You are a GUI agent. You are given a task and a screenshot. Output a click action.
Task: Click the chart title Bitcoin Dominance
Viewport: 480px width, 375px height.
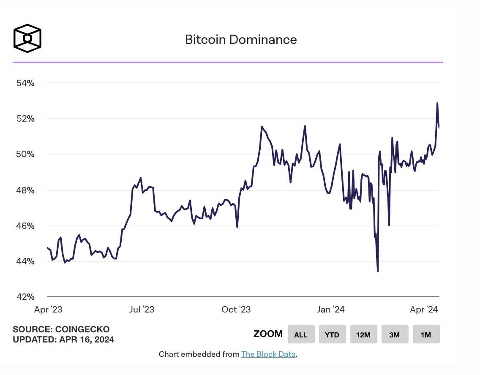click(x=241, y=40)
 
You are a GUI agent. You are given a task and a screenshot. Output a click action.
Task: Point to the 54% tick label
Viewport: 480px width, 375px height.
click(x=25, y=83)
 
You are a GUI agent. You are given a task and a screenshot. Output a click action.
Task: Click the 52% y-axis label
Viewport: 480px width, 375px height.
click(x=25, y=118)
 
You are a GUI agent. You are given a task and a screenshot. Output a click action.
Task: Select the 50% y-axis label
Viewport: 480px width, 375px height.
click(x=25, y=154)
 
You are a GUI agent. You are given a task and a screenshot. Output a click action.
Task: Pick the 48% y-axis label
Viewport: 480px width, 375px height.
click(x=25, y=190)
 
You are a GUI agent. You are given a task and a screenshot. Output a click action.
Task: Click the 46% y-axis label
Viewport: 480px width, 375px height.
click(x=25, y=226)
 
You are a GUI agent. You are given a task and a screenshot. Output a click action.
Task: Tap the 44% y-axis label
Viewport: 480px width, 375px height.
click(x=25, y=261)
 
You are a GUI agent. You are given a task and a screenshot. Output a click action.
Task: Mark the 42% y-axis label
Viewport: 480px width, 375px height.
click(x=25, y=297)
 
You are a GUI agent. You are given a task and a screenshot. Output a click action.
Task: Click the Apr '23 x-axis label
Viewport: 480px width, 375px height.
click(x=48, y=310)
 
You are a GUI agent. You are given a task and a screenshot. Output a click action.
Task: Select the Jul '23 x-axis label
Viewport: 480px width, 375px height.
click(x=142, y=310)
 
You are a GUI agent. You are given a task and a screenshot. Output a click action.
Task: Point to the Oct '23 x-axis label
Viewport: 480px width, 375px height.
click(x=236, y=310)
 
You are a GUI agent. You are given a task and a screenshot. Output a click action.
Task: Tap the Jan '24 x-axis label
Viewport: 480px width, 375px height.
click(x=330, y=310)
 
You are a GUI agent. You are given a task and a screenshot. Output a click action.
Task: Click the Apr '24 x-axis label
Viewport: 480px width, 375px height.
click(x=424, y=310)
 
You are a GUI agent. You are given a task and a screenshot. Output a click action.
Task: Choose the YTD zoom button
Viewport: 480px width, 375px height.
click(x=332, y=334)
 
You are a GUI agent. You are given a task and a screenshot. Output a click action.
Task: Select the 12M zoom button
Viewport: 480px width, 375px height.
click(x=363, y=334)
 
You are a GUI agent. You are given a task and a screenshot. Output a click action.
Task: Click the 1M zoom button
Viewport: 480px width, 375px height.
click(x=426, y=334)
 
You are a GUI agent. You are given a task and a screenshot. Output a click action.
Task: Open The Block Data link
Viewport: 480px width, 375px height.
click(x=268, y=354)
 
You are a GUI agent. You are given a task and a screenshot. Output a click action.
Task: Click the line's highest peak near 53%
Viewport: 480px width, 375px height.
click(x=437, y=103)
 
